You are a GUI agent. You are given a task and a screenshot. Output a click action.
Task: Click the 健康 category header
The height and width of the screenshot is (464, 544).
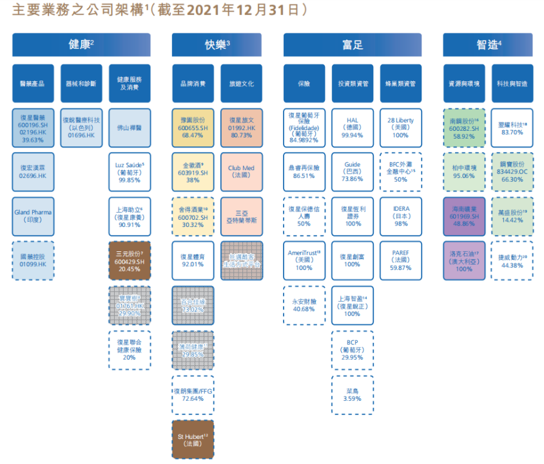pos(81,44)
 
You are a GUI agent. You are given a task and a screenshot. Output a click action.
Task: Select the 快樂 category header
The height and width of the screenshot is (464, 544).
pos(217,44)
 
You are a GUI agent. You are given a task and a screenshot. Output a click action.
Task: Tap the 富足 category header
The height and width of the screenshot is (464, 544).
pos(353,44)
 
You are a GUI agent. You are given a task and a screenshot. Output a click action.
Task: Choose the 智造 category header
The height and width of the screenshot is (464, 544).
pos(488,44)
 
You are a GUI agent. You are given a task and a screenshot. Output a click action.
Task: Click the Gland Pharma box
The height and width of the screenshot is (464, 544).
pos(33,215)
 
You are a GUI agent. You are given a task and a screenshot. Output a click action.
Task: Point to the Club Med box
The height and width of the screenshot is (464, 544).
pos(241,171)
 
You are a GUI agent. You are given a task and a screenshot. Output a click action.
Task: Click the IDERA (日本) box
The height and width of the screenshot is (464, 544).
pos(401,215)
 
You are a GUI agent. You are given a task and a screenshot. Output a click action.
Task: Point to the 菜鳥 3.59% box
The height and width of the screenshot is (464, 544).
pos(353,394)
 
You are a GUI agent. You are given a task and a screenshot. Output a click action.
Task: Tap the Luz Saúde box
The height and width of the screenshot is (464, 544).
pos(130,171)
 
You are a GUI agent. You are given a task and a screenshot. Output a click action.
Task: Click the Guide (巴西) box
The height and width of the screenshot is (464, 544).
pos(353,171)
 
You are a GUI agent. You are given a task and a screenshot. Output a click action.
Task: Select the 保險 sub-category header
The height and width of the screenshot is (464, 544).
pos(304,84)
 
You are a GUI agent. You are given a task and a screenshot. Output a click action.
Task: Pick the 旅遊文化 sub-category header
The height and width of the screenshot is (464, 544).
pos(241,84)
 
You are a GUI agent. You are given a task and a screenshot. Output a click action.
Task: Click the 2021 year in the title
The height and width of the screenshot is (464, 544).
pos(193,11)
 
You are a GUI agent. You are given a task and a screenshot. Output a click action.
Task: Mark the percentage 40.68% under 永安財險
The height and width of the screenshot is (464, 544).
pos(304,309)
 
